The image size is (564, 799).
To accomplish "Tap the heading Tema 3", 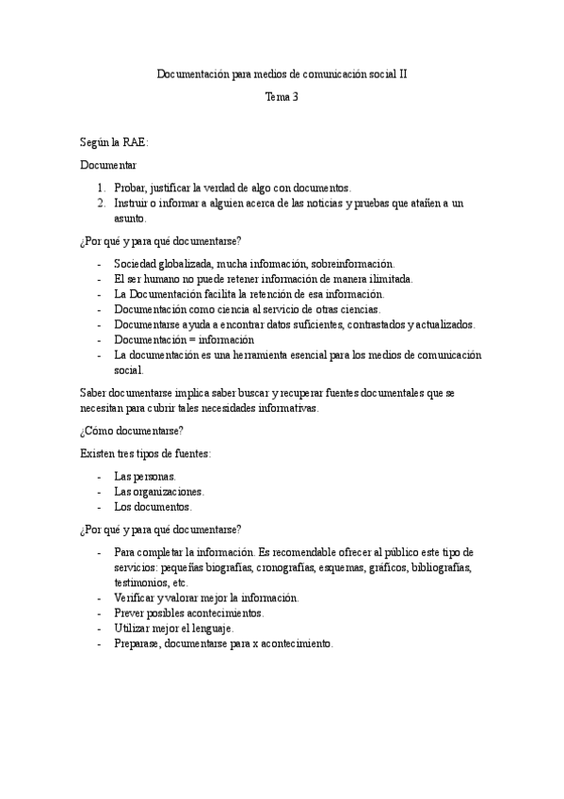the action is pyautogui.click(x=281, y=96).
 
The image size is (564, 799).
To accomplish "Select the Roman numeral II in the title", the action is pyautogui.click(x=402, y=73).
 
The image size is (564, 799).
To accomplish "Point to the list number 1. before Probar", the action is pyautogui.click(x=102, y=188).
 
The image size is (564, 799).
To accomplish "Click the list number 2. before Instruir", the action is pyautogui.click(x=102, y=204).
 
